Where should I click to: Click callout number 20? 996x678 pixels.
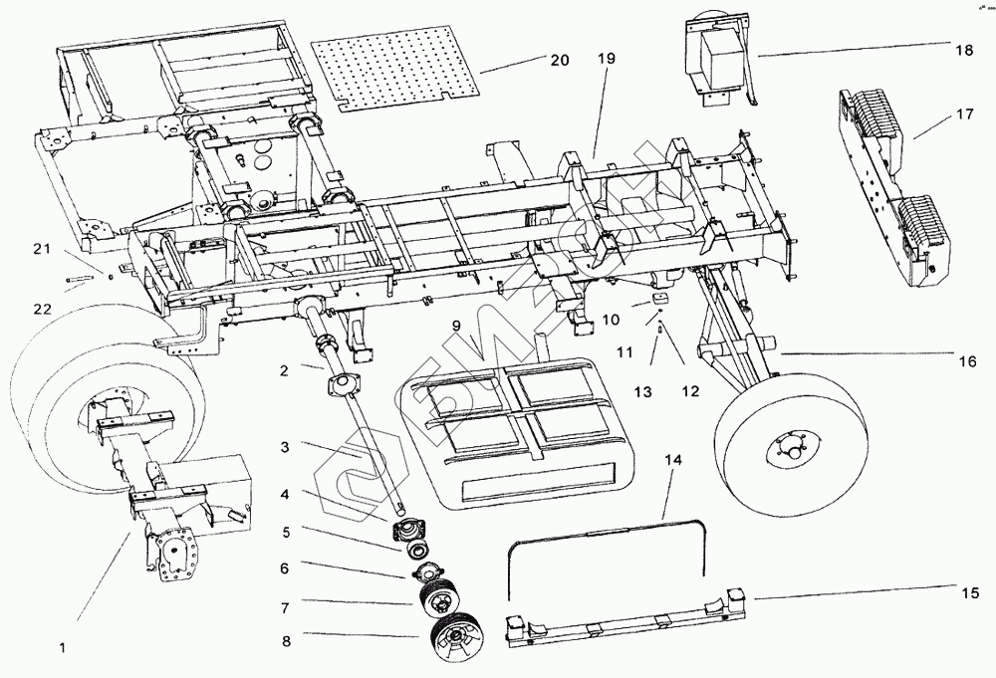coord(559,61)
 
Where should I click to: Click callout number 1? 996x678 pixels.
coord(62,647)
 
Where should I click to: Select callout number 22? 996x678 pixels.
coord(41,310)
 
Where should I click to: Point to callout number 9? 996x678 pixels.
coord(455,326)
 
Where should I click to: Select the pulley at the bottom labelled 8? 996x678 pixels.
coord(456,637)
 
